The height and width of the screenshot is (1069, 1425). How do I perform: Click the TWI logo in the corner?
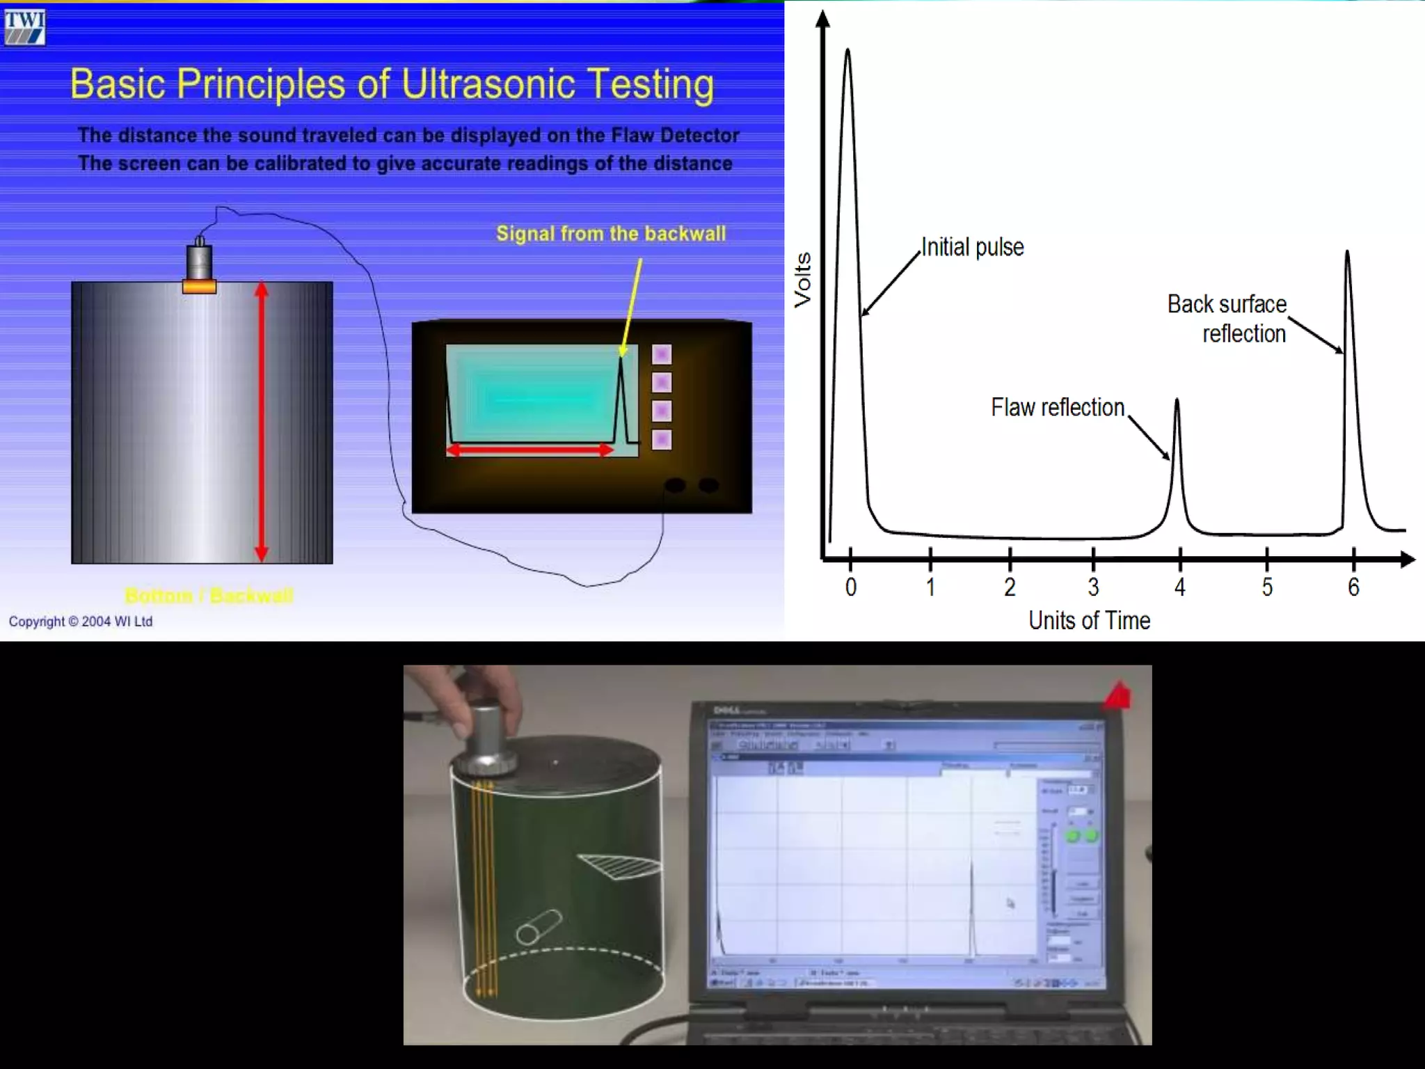(24, 27)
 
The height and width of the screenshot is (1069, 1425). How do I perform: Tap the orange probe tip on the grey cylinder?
(199, 286)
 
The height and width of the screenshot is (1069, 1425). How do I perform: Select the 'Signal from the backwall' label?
(611, 234)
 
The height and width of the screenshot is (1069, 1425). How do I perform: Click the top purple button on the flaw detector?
(662, 354)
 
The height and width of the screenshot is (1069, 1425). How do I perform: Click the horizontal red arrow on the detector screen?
(530, 450)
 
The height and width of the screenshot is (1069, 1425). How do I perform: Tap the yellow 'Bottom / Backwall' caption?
(209, 596)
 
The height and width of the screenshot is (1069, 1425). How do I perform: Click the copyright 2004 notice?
(81, 621)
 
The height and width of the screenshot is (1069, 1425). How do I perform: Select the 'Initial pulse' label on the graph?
(972, 247)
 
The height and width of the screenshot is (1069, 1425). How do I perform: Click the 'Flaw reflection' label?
(1057, 407)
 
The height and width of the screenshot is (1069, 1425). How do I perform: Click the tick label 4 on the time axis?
(1180, 587)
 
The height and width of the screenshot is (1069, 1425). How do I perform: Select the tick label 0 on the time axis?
(850, 587)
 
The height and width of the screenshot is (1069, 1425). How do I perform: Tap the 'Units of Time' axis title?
(1089, 620)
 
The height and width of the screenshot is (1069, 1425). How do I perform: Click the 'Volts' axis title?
(803, 279)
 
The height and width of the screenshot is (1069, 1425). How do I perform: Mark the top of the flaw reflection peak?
(1177, 400)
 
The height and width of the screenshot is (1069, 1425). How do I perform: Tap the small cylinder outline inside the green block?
(539, 926)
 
